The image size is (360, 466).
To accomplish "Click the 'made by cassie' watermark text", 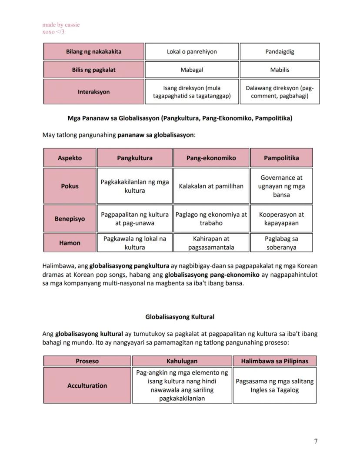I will coord(61,25).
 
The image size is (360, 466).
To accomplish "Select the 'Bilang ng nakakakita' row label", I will coord(93,51).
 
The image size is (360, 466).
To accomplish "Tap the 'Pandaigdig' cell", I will coord(280,51).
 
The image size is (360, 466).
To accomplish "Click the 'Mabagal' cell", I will coord(192,70).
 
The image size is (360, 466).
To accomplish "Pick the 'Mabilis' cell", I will coord(280,70).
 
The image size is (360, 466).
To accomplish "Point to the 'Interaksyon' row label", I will coord(93,92).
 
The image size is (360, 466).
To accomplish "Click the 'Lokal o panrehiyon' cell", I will coord(192,51).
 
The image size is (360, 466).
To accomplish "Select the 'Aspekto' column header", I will coord(70,158).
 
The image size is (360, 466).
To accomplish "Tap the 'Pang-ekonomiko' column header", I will coord(211,158).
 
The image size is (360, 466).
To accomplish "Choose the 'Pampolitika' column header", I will coord(281,158).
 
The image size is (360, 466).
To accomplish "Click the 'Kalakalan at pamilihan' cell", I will coord(211,186).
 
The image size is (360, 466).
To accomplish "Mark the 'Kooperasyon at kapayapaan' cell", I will coord(281,219).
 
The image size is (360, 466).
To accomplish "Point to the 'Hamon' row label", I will coord(70,243).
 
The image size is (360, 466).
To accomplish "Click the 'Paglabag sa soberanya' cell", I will coord(281,243).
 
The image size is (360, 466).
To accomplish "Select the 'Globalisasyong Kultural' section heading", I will coord(180,317).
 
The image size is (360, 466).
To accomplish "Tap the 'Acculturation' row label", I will coord(87,386).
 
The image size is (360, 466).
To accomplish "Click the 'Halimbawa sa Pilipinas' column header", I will coord(274,361).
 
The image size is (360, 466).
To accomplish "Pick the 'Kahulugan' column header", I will coord(182,361).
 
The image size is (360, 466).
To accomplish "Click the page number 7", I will coord(316,442).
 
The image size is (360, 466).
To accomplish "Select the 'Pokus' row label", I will coord(70,186).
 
